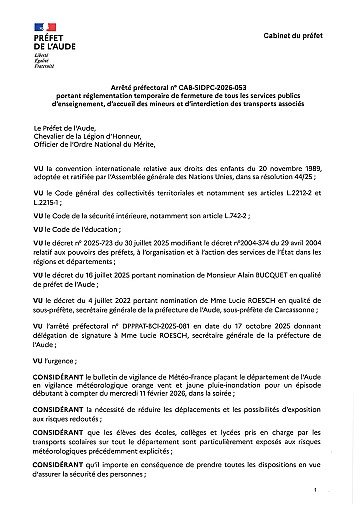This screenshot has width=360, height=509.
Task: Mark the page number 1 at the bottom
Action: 316,492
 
